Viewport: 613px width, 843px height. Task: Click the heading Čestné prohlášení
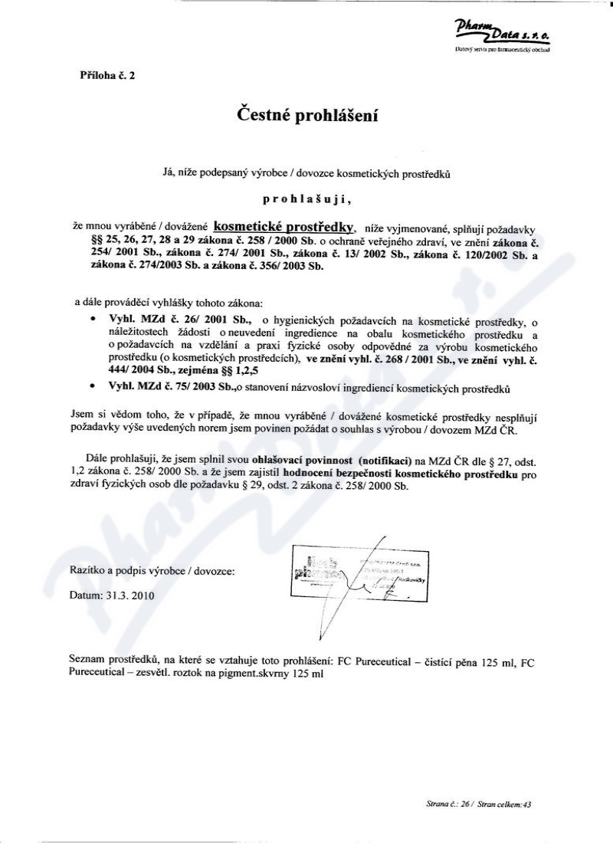coord(306,116)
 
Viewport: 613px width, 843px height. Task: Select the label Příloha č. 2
coord(107,76)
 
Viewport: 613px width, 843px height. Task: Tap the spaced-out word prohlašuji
coord(306,200)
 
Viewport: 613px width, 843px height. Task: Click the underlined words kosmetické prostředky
coord(284,226)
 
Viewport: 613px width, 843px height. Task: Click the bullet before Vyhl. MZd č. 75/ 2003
coord(93,389)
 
